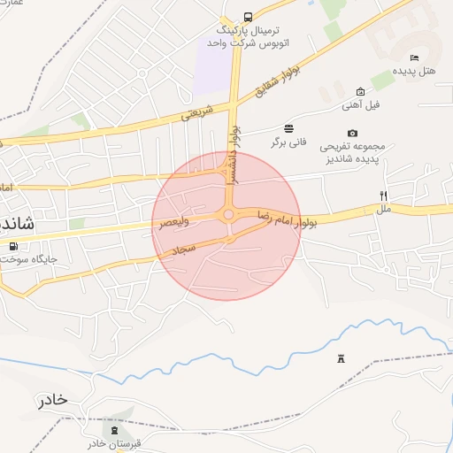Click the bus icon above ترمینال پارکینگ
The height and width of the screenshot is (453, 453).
tap(247, 17)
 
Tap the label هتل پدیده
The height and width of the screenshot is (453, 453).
tap(415, 70)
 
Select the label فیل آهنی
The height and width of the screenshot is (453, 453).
tap(361, 105)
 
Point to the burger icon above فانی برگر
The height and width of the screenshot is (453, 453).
tap(288, 128)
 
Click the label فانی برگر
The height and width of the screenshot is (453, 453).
tap(288, 142)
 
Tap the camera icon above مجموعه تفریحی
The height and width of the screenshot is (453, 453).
tap(353, 134)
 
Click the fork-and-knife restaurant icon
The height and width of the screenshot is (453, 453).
tap(383, 196)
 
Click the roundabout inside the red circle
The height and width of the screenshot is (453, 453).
tap(229, 215)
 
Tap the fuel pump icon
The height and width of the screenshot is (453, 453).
tap(12, 246)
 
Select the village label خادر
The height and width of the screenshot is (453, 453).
tap(52, 400)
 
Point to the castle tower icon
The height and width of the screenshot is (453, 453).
tap(341, 357)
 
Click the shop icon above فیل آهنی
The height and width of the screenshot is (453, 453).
tap(360, 91)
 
